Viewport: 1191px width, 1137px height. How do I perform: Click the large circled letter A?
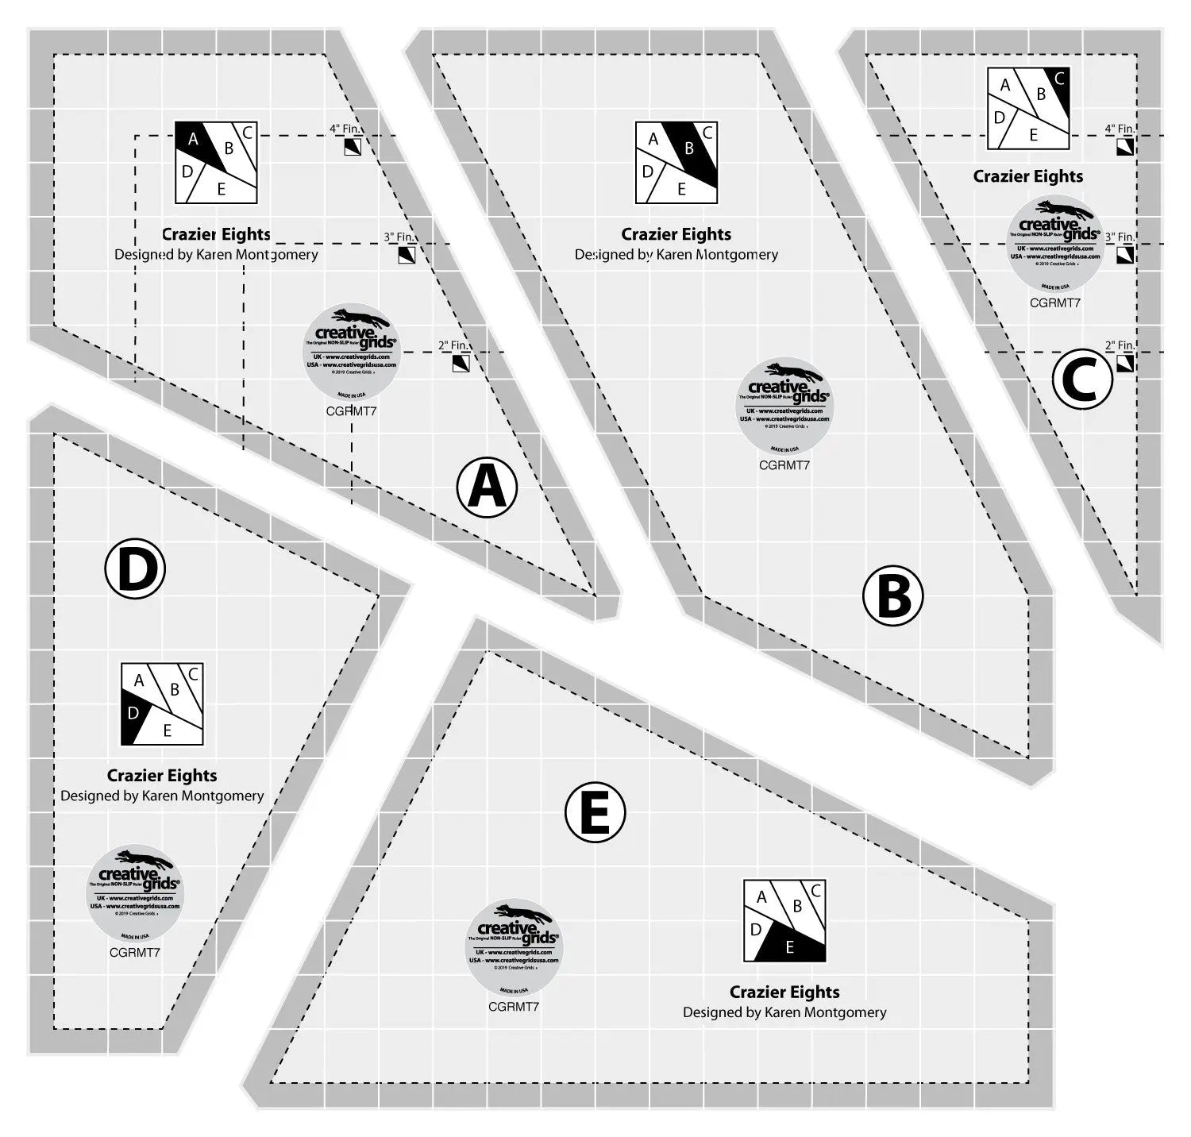[x=487, y=487]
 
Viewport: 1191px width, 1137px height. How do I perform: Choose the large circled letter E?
[x=595, y=813]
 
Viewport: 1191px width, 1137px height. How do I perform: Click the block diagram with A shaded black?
[x=217, y=162]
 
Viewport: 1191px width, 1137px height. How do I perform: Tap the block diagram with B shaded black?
[x=676, y=162]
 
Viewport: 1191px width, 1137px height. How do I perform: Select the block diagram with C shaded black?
[x=1029, y=109]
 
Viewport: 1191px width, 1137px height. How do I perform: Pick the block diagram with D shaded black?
[x=162, y=704]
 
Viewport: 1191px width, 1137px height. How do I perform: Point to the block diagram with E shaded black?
[x=784, y=921]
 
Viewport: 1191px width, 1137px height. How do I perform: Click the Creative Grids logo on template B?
[x=784, y=405]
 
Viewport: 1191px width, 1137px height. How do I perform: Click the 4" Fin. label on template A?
[x=345, y=128]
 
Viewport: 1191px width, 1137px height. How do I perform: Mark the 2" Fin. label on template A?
[x=453, y=345]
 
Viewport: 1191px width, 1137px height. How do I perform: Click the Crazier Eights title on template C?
[x=1028, y=176]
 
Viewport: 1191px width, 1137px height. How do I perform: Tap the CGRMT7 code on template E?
[x=514, y=1007]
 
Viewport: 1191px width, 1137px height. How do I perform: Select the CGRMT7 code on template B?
[x=784, y=465]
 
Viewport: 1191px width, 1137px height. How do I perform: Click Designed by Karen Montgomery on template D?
[x=162, y=796]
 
